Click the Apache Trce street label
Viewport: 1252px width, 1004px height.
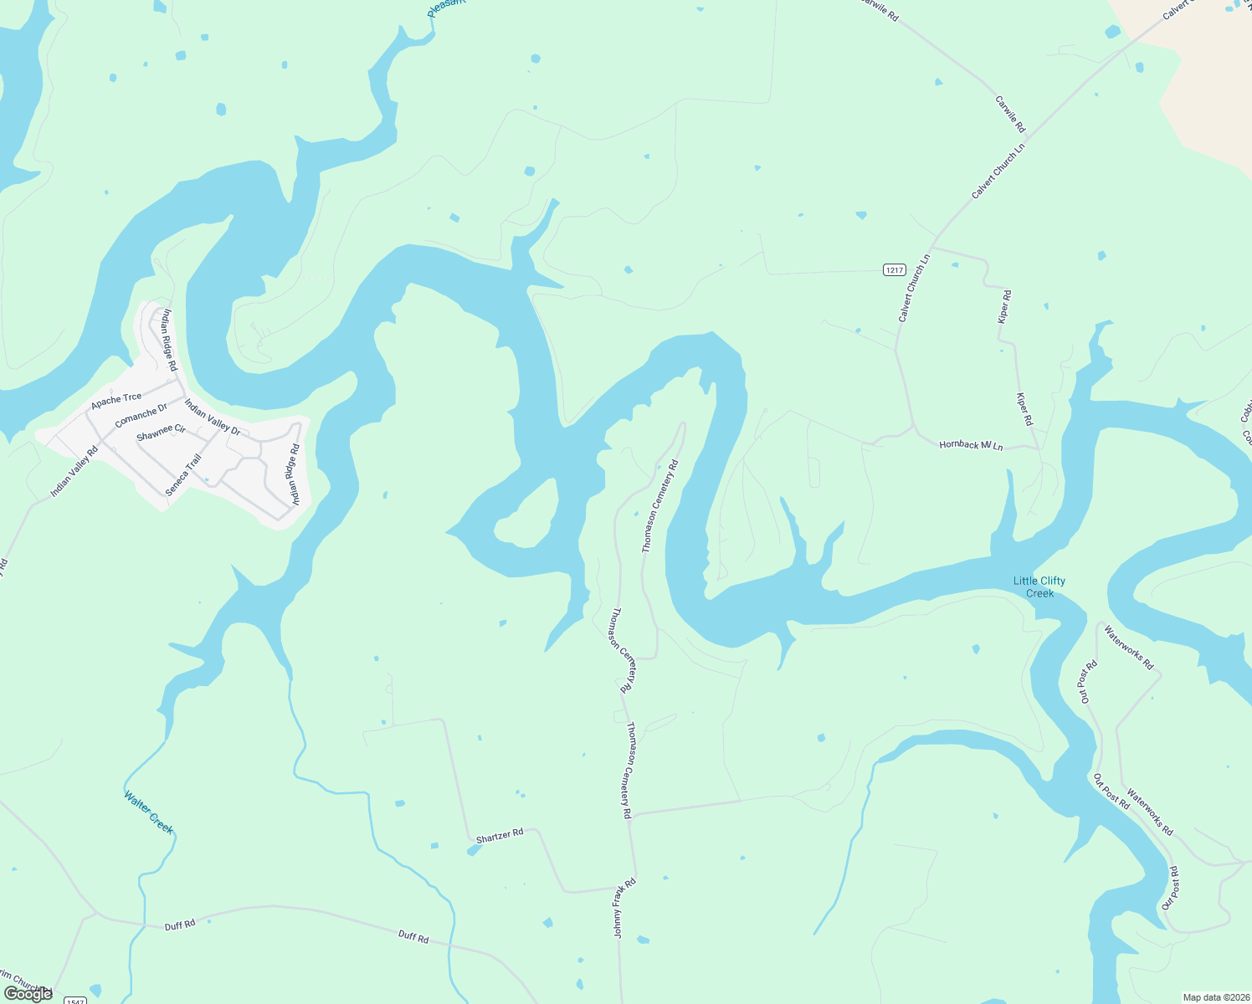tap(116, 400)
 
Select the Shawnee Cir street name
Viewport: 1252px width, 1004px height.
tap(161, 433)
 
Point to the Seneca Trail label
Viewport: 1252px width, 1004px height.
tap(183, 475)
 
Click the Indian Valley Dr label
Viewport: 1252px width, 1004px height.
tap(213, 418)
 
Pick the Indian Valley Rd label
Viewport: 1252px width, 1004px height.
tap(74, 472)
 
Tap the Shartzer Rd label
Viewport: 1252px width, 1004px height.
tap(499, 835)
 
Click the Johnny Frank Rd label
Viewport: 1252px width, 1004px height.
tap(625, 908)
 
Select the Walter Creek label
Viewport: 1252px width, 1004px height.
tap(148, 812)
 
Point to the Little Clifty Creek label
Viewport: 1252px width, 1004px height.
tap(1039, 587)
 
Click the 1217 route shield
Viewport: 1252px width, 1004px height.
tap(895, 269)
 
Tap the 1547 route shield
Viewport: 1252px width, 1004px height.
tap(75, 1001)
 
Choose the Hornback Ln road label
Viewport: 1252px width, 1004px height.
tap(971, 445)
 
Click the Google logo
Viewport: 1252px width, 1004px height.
tap(28, 994)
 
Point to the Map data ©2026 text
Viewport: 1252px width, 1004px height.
tap(1215, 997)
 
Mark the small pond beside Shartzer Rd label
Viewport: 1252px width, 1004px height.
tap(474, 850)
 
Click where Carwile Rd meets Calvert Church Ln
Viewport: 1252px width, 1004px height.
tap(1028, 135)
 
